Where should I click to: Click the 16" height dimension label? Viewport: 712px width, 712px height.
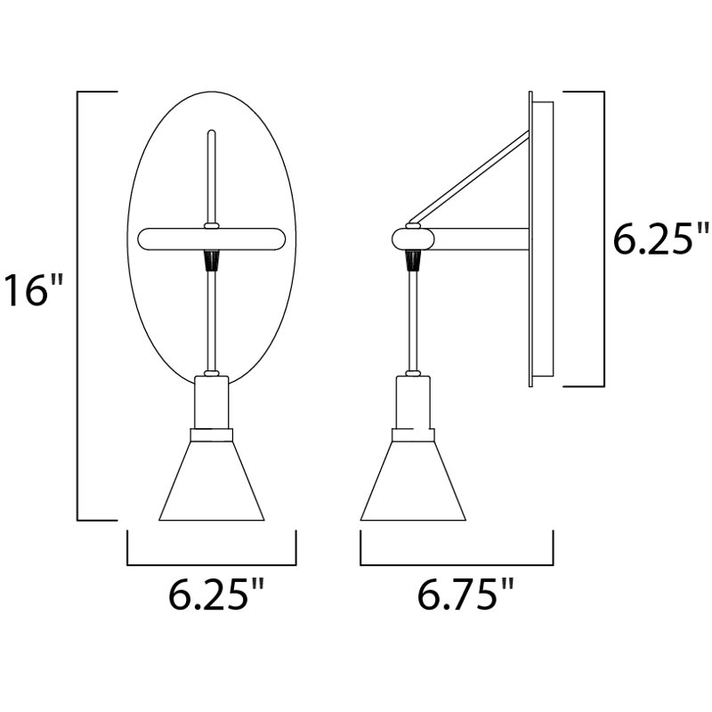(33, 290)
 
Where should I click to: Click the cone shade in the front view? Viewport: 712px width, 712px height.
(212, 481)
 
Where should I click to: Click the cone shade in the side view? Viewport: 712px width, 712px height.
(413, 481)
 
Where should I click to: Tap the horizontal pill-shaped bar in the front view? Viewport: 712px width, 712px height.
(212, 239)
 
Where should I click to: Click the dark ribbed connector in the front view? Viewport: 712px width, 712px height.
(212, 260)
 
